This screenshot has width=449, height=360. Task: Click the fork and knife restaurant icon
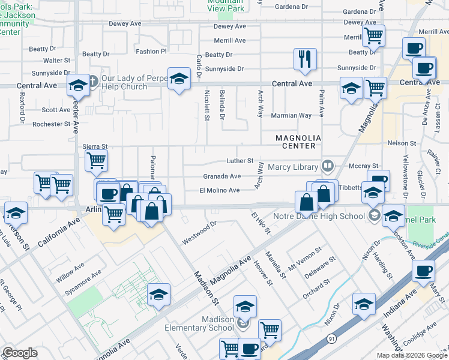point(305,59)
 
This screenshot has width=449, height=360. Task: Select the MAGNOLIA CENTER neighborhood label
point(295,142)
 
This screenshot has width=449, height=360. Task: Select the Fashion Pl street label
point(151,52)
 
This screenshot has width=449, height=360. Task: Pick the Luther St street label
point(240,161)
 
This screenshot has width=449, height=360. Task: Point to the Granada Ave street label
point(221,176)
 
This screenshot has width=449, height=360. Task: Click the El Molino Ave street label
point(219,190)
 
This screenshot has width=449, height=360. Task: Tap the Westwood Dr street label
point(199,233)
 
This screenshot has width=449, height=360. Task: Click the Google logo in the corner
point(19,353)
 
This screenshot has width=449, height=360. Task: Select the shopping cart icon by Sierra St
point(96,161)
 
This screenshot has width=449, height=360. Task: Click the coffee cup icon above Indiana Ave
point(424,271)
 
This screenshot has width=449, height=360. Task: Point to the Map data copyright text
point(411,355)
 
